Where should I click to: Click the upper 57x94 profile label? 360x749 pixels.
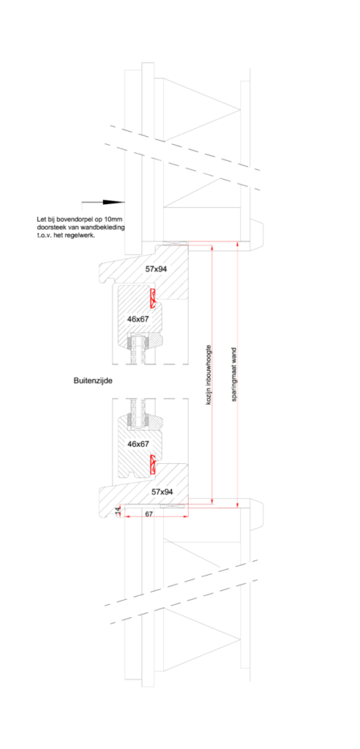(156, 269)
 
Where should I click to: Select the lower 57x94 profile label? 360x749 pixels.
(162, 491)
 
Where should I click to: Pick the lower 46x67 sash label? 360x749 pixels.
(138, 444)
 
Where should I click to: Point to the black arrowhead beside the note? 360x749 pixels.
(114, 203)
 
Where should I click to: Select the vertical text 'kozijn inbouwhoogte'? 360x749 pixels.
(209, 375)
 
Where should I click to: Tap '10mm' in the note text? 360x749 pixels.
(115, 219)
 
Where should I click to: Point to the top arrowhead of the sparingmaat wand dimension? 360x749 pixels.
(238, 244)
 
